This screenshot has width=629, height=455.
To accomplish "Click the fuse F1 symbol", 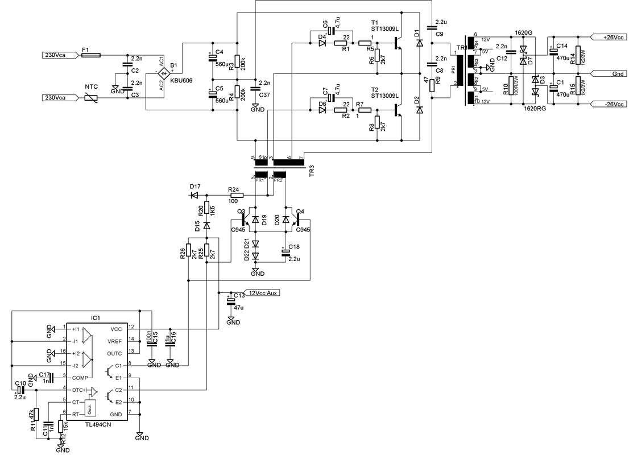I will click(x=91, y=55).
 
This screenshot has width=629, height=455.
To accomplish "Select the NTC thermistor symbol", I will click(x=91, y=98).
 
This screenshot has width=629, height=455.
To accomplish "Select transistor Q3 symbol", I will click(x=246, y=220).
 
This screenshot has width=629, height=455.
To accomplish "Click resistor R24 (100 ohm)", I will click(x=235, y=195).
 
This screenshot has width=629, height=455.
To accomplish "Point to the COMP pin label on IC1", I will click(x=80, y=377).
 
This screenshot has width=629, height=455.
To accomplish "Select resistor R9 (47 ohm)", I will click(x=432, y=85).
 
